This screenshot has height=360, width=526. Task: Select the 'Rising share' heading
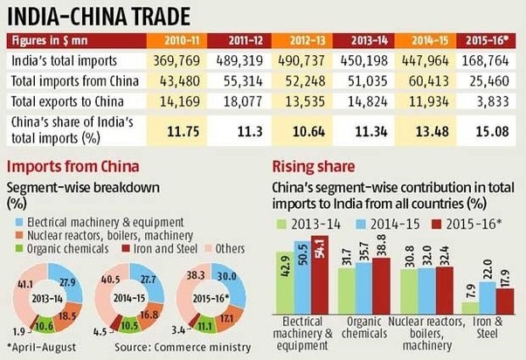(306, 167)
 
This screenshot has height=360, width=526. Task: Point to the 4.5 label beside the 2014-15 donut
(101, 330)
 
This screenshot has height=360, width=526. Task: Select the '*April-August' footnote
(44, 349)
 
